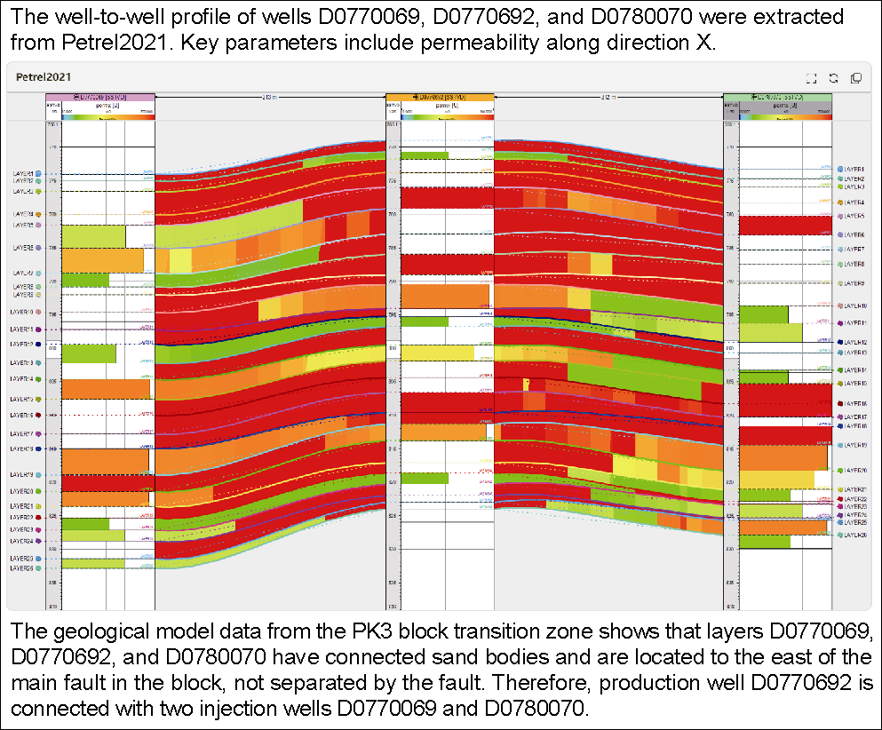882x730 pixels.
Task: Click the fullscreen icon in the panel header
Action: click(811, 78)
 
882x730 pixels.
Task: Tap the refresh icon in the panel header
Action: click(833, 78)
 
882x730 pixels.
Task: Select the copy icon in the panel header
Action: click(856, 78)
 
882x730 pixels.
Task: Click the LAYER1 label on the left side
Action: click(22, 173)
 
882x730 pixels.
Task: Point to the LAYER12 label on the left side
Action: click(22, 344)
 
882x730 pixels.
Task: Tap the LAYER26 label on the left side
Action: click(22, 566)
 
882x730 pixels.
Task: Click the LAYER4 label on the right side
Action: click(854, 202)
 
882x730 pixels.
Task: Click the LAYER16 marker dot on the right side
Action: click(838, 403)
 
